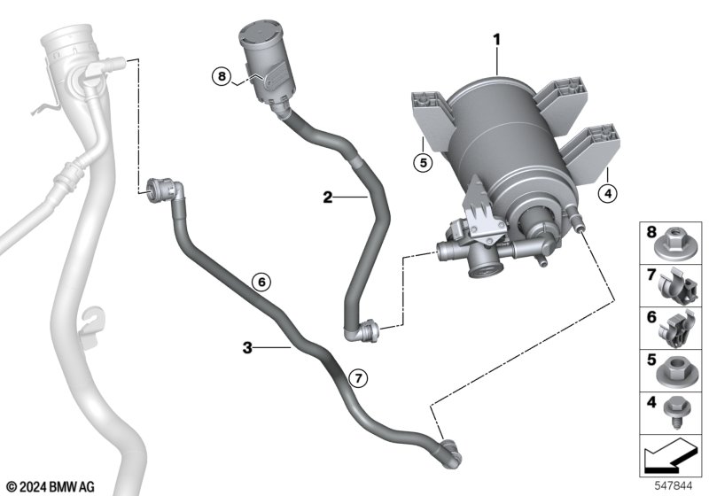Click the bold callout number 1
point(497,39)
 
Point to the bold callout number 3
point(248,348)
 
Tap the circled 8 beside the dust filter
point(221,77)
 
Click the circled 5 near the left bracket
point(424,162)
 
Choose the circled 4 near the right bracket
point(605,190)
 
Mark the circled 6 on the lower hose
point(260,283)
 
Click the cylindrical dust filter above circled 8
point(262,57)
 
